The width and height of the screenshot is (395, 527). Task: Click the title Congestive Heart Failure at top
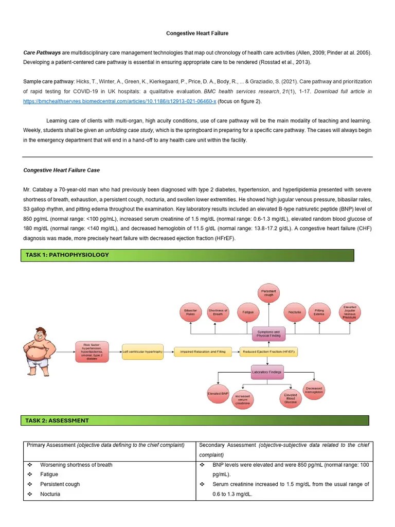197,33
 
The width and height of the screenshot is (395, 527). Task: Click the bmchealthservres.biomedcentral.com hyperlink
119,101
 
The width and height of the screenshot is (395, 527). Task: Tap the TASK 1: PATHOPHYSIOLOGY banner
187,255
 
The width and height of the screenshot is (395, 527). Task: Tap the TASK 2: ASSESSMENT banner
194,420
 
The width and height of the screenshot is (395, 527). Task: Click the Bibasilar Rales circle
190,312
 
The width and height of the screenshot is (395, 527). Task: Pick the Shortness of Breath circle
218,312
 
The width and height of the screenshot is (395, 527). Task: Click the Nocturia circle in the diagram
295,312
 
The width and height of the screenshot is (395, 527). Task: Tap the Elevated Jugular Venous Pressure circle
350,312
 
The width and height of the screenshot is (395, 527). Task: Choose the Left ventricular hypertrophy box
142,352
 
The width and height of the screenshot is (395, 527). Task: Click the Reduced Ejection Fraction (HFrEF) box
269,352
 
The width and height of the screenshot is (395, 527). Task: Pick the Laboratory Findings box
266,372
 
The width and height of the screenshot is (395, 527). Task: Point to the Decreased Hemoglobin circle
314,391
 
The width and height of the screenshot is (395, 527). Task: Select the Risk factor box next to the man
93,352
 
